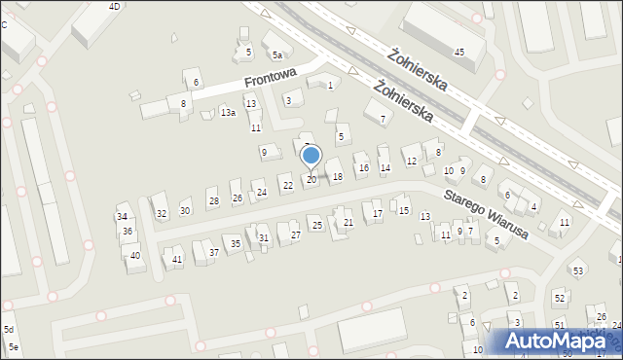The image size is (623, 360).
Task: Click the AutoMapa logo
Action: [560, 342]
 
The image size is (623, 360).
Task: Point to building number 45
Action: [458, 52]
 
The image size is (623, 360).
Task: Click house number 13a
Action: [227, 114]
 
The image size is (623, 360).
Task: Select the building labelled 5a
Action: [277, 55]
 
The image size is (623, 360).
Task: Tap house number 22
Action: [286, 185]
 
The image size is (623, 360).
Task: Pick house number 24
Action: [262, 193]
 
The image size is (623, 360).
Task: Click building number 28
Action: [213, 202]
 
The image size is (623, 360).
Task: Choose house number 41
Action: [176, 260]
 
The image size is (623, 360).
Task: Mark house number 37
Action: [212, 253]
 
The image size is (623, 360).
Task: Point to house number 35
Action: [236, 243]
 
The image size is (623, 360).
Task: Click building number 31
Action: [263, 237]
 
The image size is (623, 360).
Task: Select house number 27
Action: [295, 234]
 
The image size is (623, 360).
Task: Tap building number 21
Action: [348, 223]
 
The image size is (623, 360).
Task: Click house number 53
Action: [577, 270]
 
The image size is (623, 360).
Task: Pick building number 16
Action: [363, 168]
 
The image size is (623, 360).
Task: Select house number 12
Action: [412, 161]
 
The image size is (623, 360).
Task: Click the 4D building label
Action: [114, 7]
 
